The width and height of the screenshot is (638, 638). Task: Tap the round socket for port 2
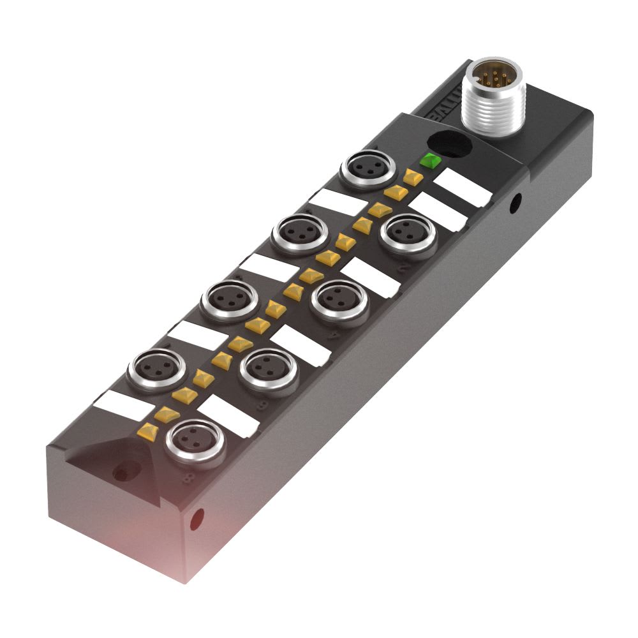click(x=408, y=232)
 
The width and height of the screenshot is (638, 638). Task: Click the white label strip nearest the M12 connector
click(x=462, y=188)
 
